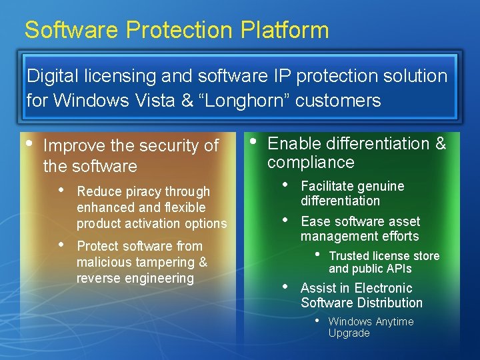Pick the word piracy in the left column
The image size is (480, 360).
(147, 191)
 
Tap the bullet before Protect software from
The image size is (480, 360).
(62, 244)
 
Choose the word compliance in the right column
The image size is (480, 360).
(311, 162)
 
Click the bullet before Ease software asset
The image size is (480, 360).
(286, 219)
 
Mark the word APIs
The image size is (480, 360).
(398, 269)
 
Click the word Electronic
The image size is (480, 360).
(383, 288)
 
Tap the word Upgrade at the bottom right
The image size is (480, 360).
(349, 333)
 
